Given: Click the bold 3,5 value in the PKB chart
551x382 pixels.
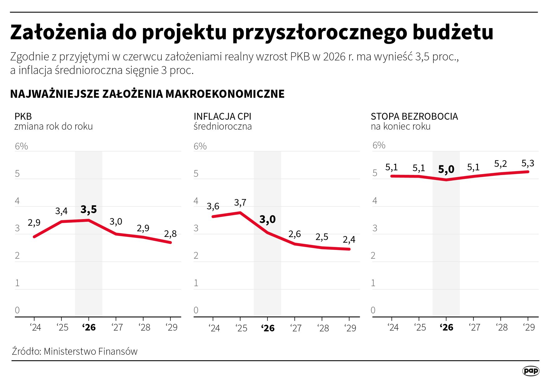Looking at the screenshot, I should pyautogui.click(x=89, y=210).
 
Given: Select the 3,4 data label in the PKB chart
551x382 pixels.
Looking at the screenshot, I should pyautogui.click(x=61, y=211).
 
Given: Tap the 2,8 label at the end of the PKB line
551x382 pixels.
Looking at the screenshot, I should pyautogui.click(x=170, y=234).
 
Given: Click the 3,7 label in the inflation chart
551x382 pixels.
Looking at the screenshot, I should pyautogui.click(x=240, y=203).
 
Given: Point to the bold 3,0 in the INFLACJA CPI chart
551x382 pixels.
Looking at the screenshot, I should pyautogui.click(x=267, y=219).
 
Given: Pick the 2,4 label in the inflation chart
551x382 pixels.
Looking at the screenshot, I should pyautogui.click(x=349, y=240).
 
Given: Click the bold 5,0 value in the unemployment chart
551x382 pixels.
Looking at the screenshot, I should pyautogui.click(x=446, y=169).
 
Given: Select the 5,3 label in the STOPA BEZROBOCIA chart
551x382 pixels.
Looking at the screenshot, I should pyautogui.click(x=528, y=163).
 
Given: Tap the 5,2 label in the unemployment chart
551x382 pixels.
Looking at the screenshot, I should pyautogui.click(x=500, y=164).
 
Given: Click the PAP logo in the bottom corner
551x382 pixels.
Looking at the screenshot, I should pyautogui.click(x=531, y=371).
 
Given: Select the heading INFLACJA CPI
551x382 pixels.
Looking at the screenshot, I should pyautogui.click(x=222, y=116).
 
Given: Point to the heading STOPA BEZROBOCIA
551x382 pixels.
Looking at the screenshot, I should pyautogui.click(x=414, y=116).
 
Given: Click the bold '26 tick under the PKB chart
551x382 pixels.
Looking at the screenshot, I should pyautogui.click(x=89, y=327).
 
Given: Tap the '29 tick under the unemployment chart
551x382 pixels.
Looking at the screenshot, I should pyautogui.click(x=529, y=327).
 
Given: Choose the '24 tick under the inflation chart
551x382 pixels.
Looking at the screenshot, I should pyautogui.click(x=214, y=328).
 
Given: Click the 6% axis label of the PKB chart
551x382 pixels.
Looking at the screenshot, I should pyautogui.click(x=21, y=146).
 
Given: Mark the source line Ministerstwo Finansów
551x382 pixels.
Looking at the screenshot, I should pyautogui.click(x=75, y=351).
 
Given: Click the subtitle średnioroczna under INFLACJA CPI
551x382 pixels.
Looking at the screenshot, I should pyautogui.click(x=222, y=127).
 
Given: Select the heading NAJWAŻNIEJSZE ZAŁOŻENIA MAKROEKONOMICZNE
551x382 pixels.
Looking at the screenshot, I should pyautogui.click(x=147, y=94).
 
